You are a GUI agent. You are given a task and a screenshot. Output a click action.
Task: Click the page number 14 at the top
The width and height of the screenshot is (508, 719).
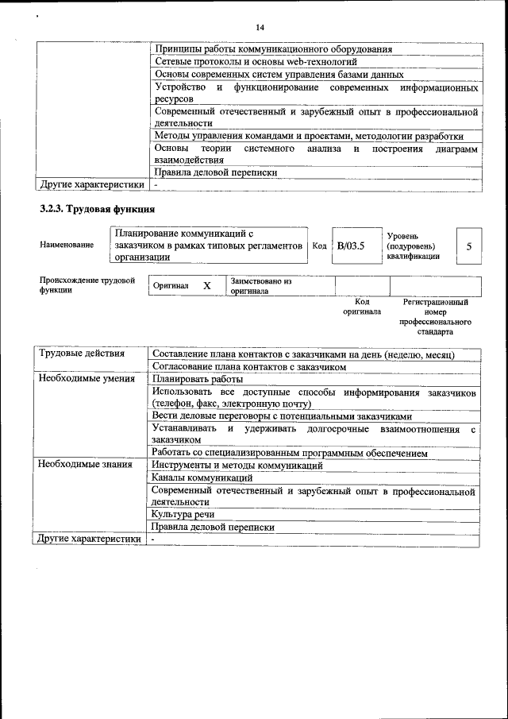point(260,28)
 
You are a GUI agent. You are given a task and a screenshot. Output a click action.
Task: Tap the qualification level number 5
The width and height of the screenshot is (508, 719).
point(468,246)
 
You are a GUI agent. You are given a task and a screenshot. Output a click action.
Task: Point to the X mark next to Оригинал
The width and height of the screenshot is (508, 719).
point(206,285)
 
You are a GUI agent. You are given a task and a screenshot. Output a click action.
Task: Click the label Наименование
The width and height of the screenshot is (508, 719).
point(66,246)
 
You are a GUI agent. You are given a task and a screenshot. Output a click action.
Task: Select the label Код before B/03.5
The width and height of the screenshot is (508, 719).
point(319,246)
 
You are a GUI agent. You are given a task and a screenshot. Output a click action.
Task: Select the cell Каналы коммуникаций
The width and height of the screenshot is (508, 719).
point(202,477)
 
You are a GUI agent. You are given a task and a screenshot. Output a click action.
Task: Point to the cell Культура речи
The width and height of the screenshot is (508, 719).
point(183,514)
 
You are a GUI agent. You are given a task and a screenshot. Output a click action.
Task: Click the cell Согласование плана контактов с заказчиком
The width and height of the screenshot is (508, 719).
point(250,367)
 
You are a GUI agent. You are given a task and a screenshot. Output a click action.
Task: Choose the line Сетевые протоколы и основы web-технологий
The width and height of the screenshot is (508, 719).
point(256,61)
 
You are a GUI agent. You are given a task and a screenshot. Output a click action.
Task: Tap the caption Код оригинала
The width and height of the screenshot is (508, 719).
point(362,307)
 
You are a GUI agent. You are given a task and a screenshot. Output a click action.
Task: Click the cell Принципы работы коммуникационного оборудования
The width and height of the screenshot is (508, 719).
point(273,49)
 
